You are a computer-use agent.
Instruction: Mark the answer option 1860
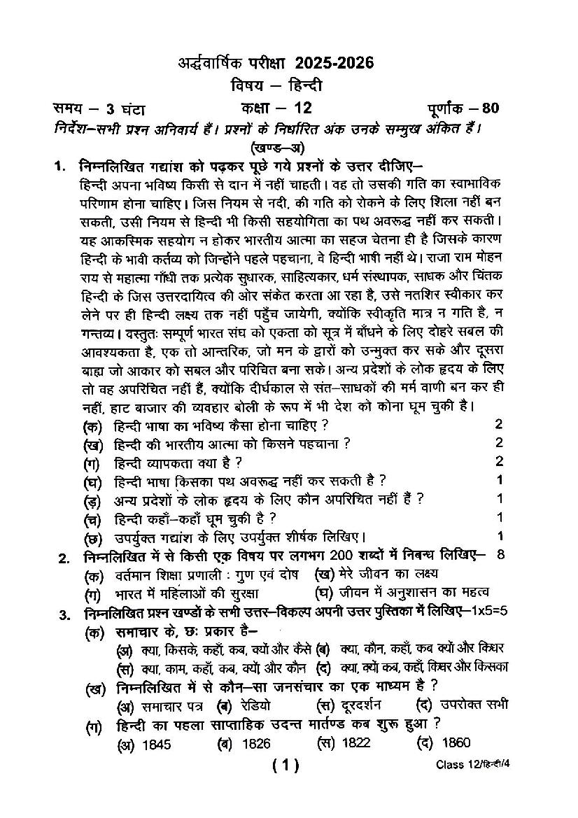[456, 743]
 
